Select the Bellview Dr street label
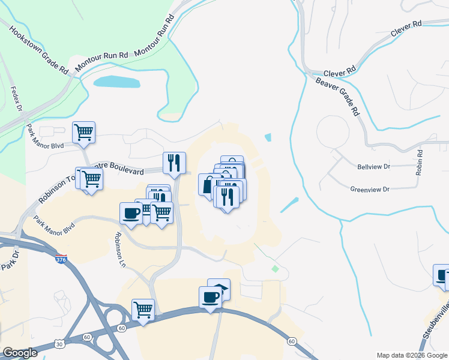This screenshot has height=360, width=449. pos(373,166)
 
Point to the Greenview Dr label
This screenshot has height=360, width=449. pos(370,189)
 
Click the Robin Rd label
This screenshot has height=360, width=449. pos(420,162)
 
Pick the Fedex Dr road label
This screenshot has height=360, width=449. pos(16,100)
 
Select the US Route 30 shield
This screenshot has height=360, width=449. pos(58,344)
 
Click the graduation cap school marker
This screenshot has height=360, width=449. pos(219,289)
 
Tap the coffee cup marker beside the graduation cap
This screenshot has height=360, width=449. pos(210,297)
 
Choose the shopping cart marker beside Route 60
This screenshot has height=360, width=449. pos(143,310)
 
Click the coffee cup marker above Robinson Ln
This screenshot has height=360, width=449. pos(131,212)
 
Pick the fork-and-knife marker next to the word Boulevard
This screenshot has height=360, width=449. pos(174,162)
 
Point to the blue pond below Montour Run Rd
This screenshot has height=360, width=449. pos(116,82)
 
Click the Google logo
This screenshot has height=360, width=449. pos(20,353)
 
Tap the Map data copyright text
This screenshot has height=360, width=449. pos(412,355)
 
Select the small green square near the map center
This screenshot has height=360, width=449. pos(275,268)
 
